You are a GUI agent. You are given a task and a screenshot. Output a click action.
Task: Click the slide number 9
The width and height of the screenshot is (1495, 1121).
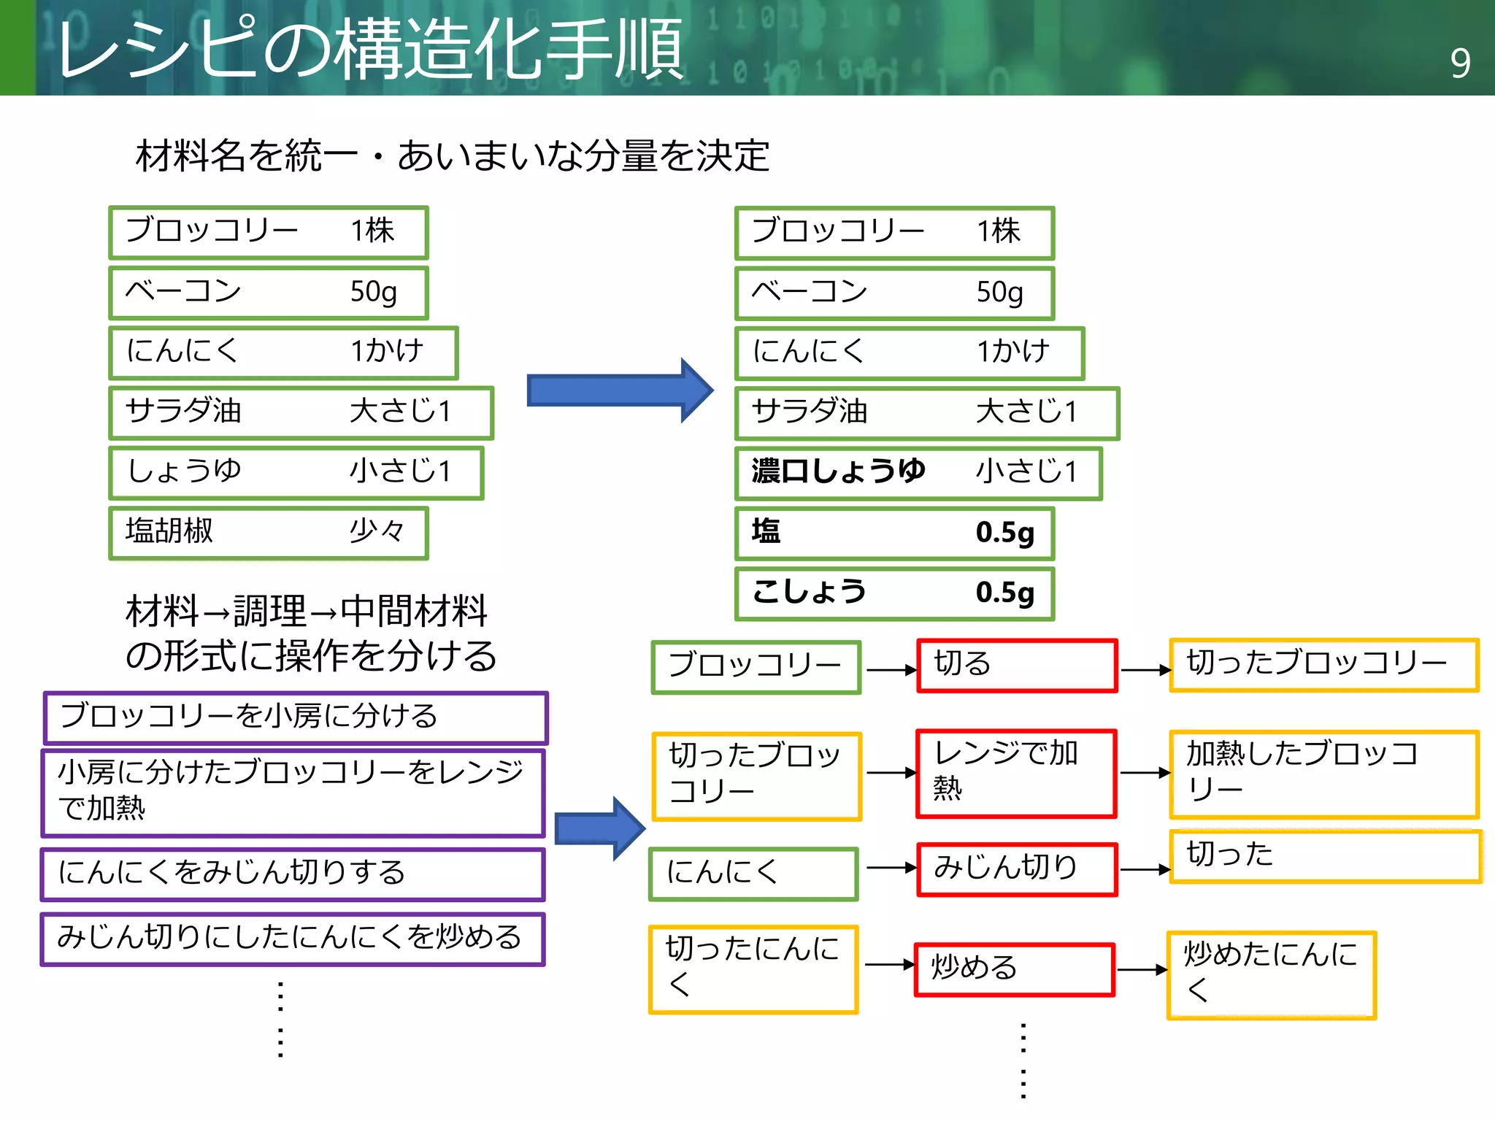tap(1460, 63)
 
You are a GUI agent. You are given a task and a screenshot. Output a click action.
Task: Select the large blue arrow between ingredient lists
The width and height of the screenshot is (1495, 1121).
tap(619, 390)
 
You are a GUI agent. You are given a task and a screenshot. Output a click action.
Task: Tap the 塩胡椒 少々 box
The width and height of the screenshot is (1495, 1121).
tap(268, 533)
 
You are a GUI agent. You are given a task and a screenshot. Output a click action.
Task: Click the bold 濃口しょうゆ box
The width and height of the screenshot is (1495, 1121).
tap(918, 473)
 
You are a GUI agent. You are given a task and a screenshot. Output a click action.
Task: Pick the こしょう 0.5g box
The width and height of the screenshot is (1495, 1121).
tap(894, 593)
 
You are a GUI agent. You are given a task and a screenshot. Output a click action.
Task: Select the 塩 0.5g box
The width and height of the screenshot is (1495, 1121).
tap(894, 533)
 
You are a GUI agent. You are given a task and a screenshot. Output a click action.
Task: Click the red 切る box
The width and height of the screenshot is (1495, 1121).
tap(1017, 665)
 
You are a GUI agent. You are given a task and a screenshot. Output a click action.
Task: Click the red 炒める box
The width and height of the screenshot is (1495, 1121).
tap(1015, 969)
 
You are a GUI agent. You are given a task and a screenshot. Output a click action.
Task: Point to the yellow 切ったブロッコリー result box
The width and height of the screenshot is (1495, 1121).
tap(1323, 665)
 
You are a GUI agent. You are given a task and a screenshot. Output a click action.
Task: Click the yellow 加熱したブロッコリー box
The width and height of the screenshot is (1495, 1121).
tap(1323, 774)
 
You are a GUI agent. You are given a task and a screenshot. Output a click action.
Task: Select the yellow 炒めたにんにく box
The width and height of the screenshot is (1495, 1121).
tap(1271, 974)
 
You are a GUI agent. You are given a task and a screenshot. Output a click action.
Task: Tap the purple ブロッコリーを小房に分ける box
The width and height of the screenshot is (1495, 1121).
tap(295, 717)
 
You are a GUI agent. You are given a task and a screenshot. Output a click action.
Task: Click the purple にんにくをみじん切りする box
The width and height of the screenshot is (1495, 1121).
tap(293, 874)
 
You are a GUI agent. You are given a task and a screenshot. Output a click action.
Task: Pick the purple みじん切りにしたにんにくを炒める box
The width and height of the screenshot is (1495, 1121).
tap(293, 939)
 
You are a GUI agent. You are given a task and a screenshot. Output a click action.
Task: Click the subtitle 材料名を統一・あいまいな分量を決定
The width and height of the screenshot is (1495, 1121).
tap(453, 155)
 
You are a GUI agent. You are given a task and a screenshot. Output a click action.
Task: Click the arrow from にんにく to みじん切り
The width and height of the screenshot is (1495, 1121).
tap(891, 868)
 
